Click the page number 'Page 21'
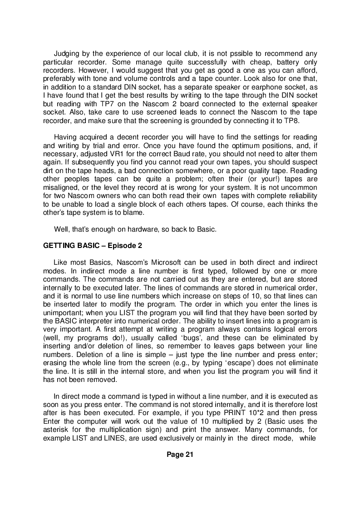(x=180, y=455)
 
